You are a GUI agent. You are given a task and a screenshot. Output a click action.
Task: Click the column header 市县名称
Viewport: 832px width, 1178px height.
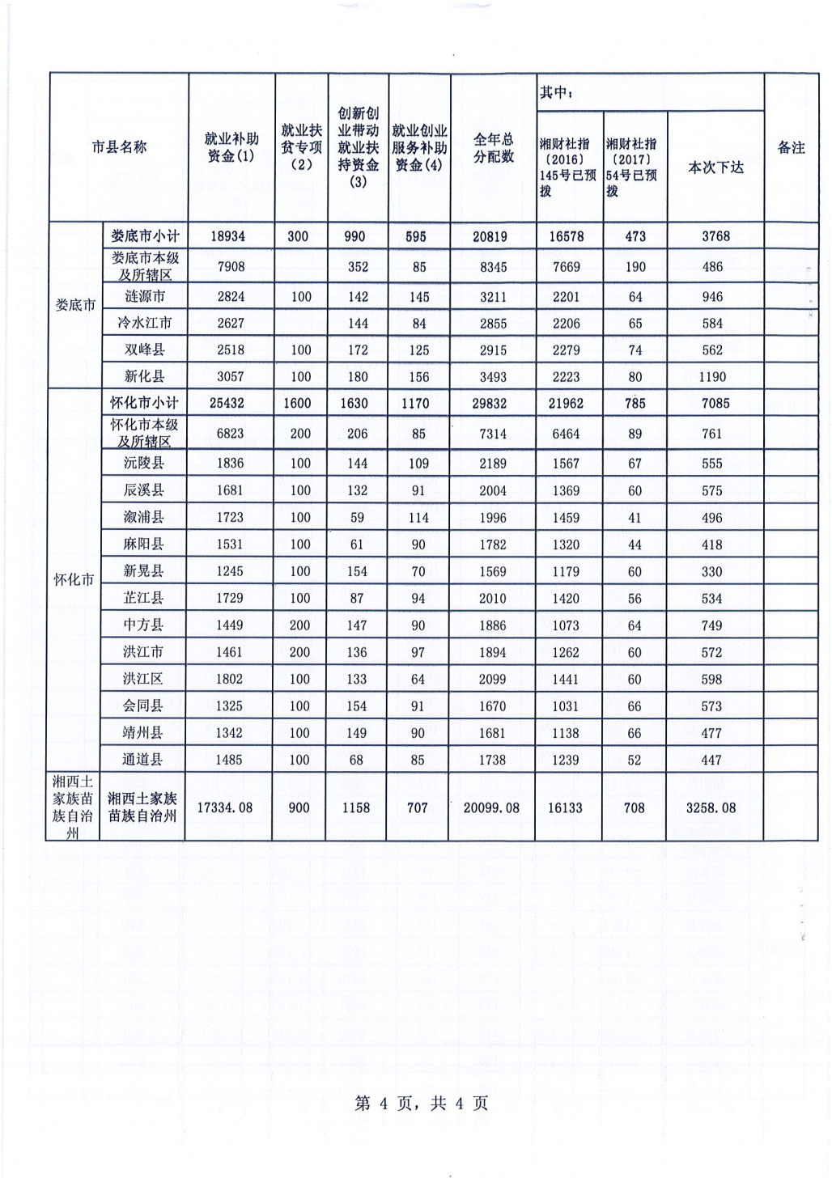point(119,147)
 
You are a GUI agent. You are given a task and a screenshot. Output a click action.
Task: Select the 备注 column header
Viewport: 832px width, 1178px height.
point(791,147)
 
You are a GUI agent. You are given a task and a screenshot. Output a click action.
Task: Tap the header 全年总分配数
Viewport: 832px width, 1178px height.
point(493,147)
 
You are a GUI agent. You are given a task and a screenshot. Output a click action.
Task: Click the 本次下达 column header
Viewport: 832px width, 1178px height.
point(715,167)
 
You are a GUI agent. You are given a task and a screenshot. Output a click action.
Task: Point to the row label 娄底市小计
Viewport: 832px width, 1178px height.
point(145,236)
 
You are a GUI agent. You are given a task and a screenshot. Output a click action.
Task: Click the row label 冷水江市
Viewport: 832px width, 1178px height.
point(145,323)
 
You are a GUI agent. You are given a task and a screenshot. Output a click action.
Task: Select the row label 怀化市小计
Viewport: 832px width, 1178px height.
point(144,403)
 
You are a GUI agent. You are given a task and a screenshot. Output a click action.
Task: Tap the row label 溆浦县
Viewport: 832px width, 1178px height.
point(143,517)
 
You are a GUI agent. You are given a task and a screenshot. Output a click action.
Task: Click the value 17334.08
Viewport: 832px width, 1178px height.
point(225,807)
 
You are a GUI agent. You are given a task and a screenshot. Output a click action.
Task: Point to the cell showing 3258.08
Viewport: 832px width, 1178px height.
point(711,807)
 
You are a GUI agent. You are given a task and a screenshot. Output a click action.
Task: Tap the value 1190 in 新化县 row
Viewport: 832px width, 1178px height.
point(712,376)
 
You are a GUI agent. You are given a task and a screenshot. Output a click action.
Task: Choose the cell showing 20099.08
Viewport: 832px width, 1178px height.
point(492,807)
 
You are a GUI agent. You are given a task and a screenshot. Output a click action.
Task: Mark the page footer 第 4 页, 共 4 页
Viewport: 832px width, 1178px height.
point(421,1104)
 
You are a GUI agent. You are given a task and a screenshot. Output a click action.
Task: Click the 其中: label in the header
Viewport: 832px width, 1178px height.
point(557,93)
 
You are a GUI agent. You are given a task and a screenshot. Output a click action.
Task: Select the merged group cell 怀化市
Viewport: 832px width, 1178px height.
point(74,580)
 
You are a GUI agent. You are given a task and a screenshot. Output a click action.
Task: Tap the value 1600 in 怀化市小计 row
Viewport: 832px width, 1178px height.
point(298,403)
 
